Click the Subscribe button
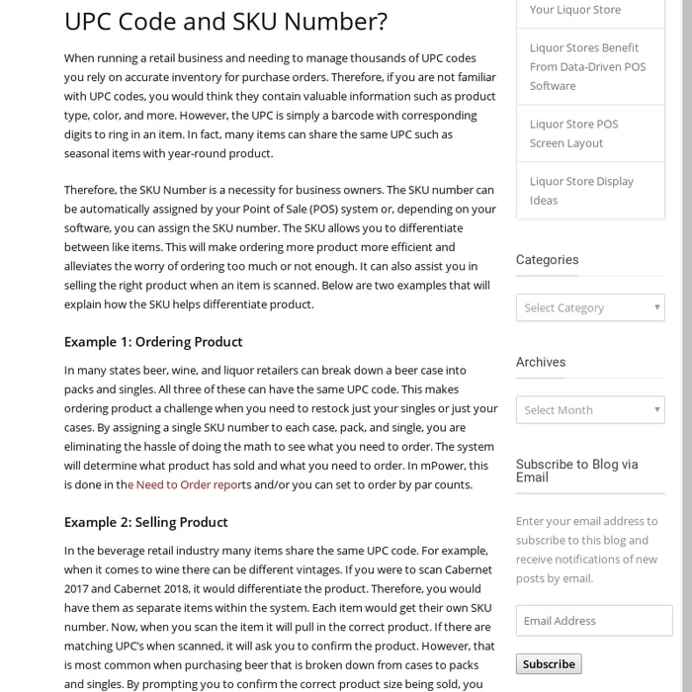click(x=549, y=664)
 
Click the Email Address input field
click(x=593, y=621)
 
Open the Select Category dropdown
click(x=589, y=307)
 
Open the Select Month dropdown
click(x=589, y=410)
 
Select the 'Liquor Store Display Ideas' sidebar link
click(x=581, y=191)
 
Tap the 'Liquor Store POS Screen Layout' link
click(x=574, y=133)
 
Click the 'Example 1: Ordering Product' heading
click(x=153, y=342)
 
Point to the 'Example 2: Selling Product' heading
click(x=146, y=522)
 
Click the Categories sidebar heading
click(x=547, y=260)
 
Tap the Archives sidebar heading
click(x=541, y=362)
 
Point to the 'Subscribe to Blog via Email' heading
click(x=577, y=470)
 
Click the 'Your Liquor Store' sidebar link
click(x=575, y=10)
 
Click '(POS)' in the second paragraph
click(x=322, y=209)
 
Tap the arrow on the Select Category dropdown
click(x=656, y=307)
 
